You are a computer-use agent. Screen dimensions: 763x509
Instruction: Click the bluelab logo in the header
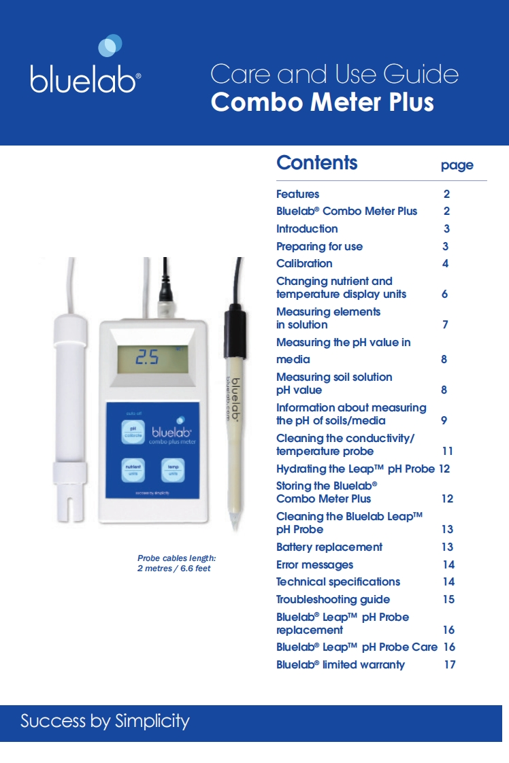coord(85,67)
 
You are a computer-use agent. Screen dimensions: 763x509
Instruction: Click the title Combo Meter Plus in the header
coord(322,102)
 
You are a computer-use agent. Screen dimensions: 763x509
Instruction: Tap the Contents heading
coord(316,163)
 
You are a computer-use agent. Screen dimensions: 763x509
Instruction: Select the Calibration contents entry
coord(304,263)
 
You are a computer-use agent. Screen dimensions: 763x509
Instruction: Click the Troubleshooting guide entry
coord(333,599)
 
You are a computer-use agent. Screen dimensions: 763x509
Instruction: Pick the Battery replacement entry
coord(329,547)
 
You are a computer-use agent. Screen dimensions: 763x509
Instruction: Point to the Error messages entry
coord(314,564)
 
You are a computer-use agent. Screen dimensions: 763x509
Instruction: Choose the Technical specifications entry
coord(338,581)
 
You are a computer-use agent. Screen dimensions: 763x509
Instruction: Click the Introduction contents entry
coord(307,228)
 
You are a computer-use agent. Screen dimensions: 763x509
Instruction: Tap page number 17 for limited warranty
coord(449,664)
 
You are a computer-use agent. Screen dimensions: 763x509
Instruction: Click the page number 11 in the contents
coord(447,451)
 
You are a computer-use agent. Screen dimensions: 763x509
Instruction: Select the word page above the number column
coord(457,165)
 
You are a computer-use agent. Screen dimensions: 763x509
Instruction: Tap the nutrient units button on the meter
coord(133,470)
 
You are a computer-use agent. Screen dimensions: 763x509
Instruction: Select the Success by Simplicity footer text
coord(105,721)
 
